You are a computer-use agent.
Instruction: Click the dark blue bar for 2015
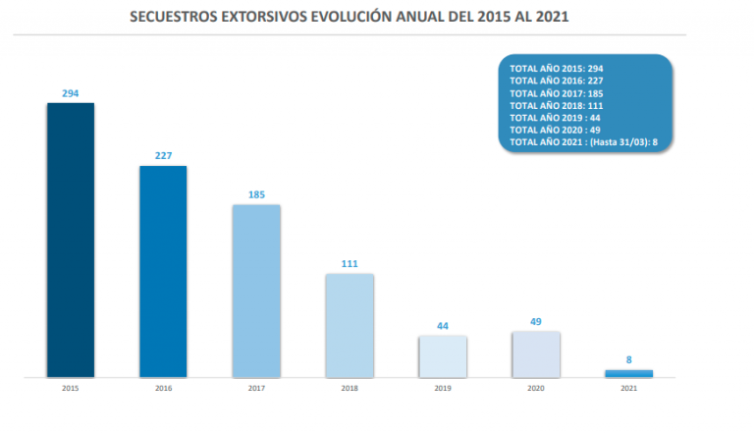tap(71, 240)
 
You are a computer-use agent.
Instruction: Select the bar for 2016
tap(163, 271)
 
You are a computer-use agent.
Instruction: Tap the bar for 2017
tap(256, 291)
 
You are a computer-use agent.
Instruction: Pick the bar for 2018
tap(350, 325)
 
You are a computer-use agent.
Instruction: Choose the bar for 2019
tap(442, 356)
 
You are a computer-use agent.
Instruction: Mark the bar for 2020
tap(535, 354)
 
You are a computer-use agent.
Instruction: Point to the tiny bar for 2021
tap(628, 373)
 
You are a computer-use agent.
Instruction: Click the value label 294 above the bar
tap(71, 93)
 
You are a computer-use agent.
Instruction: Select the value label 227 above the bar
tap(163, 156)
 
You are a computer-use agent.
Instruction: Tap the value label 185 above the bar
tap(256, 195)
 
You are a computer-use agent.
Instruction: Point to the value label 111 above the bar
tap(350, 264)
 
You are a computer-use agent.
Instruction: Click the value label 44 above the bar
tap(442, 326)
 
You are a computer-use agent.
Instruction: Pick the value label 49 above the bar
tap(535, 321)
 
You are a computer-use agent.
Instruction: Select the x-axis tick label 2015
tap(71, 389)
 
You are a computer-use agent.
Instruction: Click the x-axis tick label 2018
tap(350, 389)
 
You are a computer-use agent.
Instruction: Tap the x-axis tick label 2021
tap(628, 389)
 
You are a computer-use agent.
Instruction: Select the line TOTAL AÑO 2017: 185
tap(555, 92)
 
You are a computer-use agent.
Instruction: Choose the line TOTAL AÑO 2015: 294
tap(555, 68)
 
